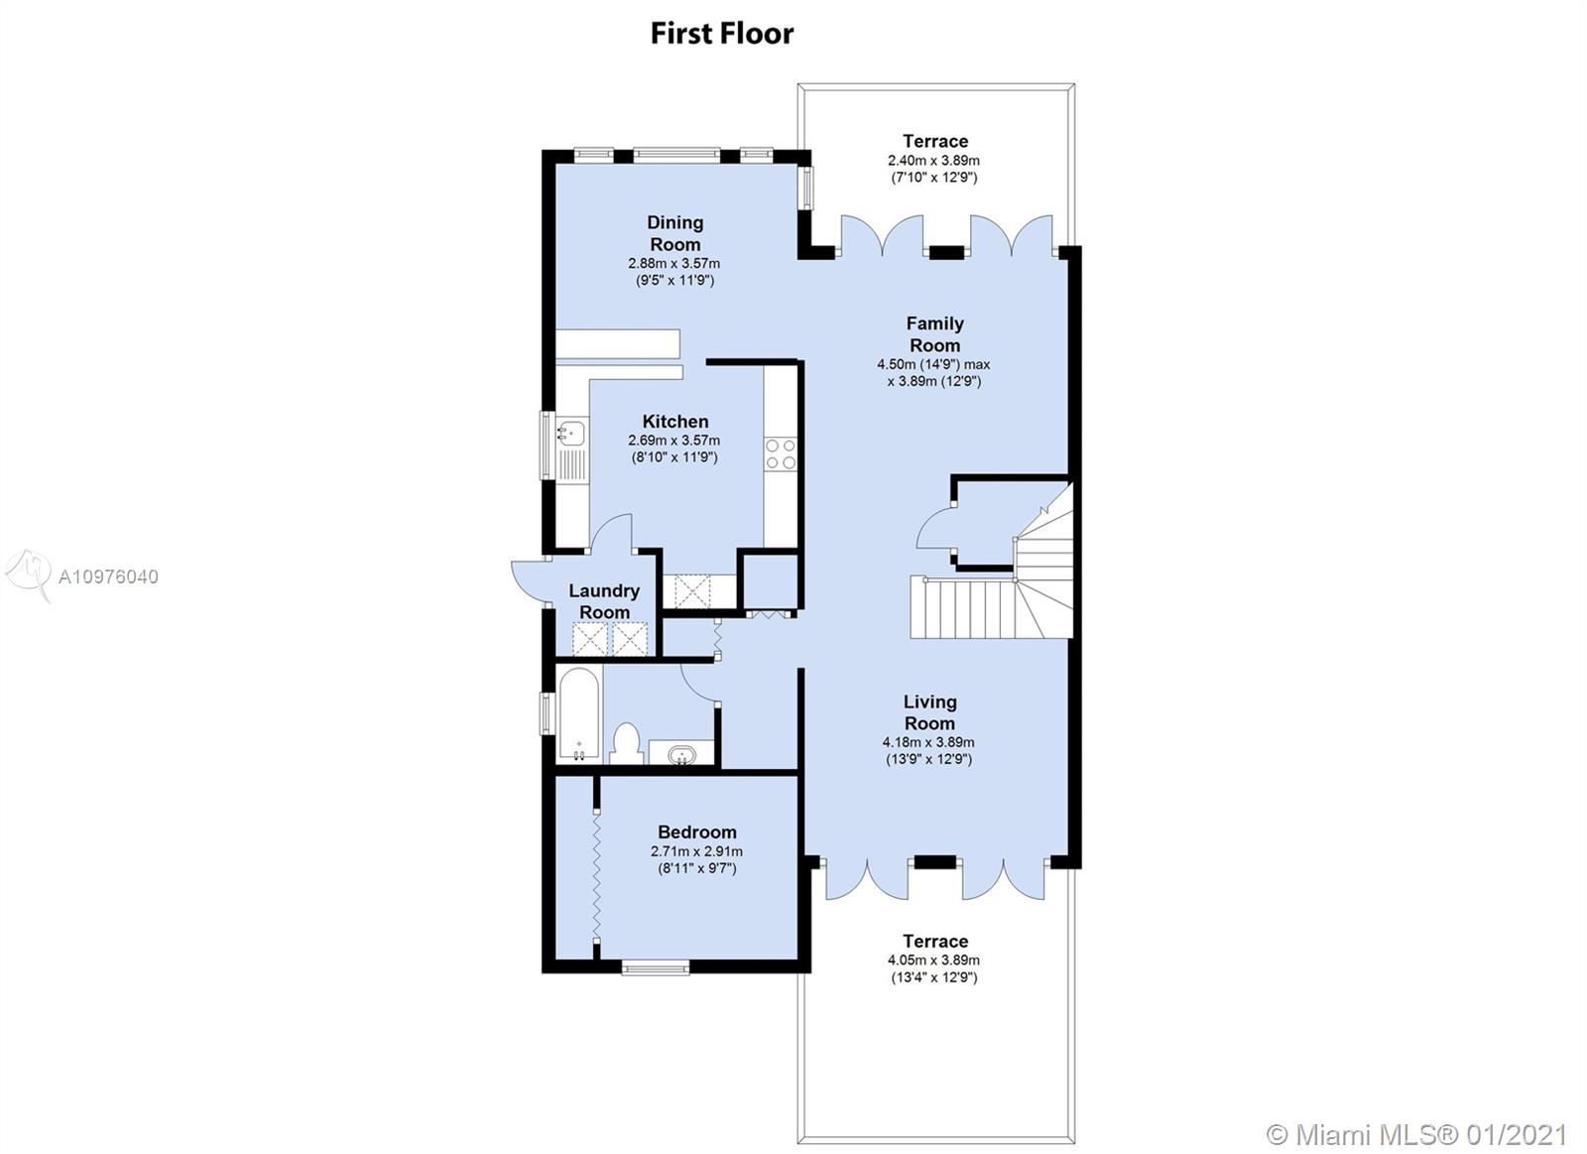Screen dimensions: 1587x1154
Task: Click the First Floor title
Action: click(722, 34)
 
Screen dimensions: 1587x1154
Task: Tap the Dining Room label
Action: click(675, 233)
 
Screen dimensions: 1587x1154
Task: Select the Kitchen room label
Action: click(675, 421)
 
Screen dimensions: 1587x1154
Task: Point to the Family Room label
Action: click(934, 334)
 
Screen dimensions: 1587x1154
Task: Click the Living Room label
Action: click(929, 712)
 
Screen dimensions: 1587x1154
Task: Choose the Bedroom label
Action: click(697, 833)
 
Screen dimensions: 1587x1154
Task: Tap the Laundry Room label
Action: click(604, 601)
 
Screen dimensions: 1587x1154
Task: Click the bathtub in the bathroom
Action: click(579, 713)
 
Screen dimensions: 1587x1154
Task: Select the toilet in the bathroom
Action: click(626, 743)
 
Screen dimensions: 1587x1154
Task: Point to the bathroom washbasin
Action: click(681, 753)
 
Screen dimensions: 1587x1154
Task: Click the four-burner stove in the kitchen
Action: click(781, 453)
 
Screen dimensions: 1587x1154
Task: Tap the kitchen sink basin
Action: click(571, 431)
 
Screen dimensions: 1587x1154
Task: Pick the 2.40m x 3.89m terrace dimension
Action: click(933, 161)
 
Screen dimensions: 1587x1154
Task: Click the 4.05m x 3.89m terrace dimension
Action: click(933, 961)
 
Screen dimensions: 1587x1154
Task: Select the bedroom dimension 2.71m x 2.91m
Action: click(697, 851)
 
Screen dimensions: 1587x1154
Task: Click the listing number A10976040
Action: click(108, 577)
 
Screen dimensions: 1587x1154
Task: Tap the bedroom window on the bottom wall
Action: click(656, 966)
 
